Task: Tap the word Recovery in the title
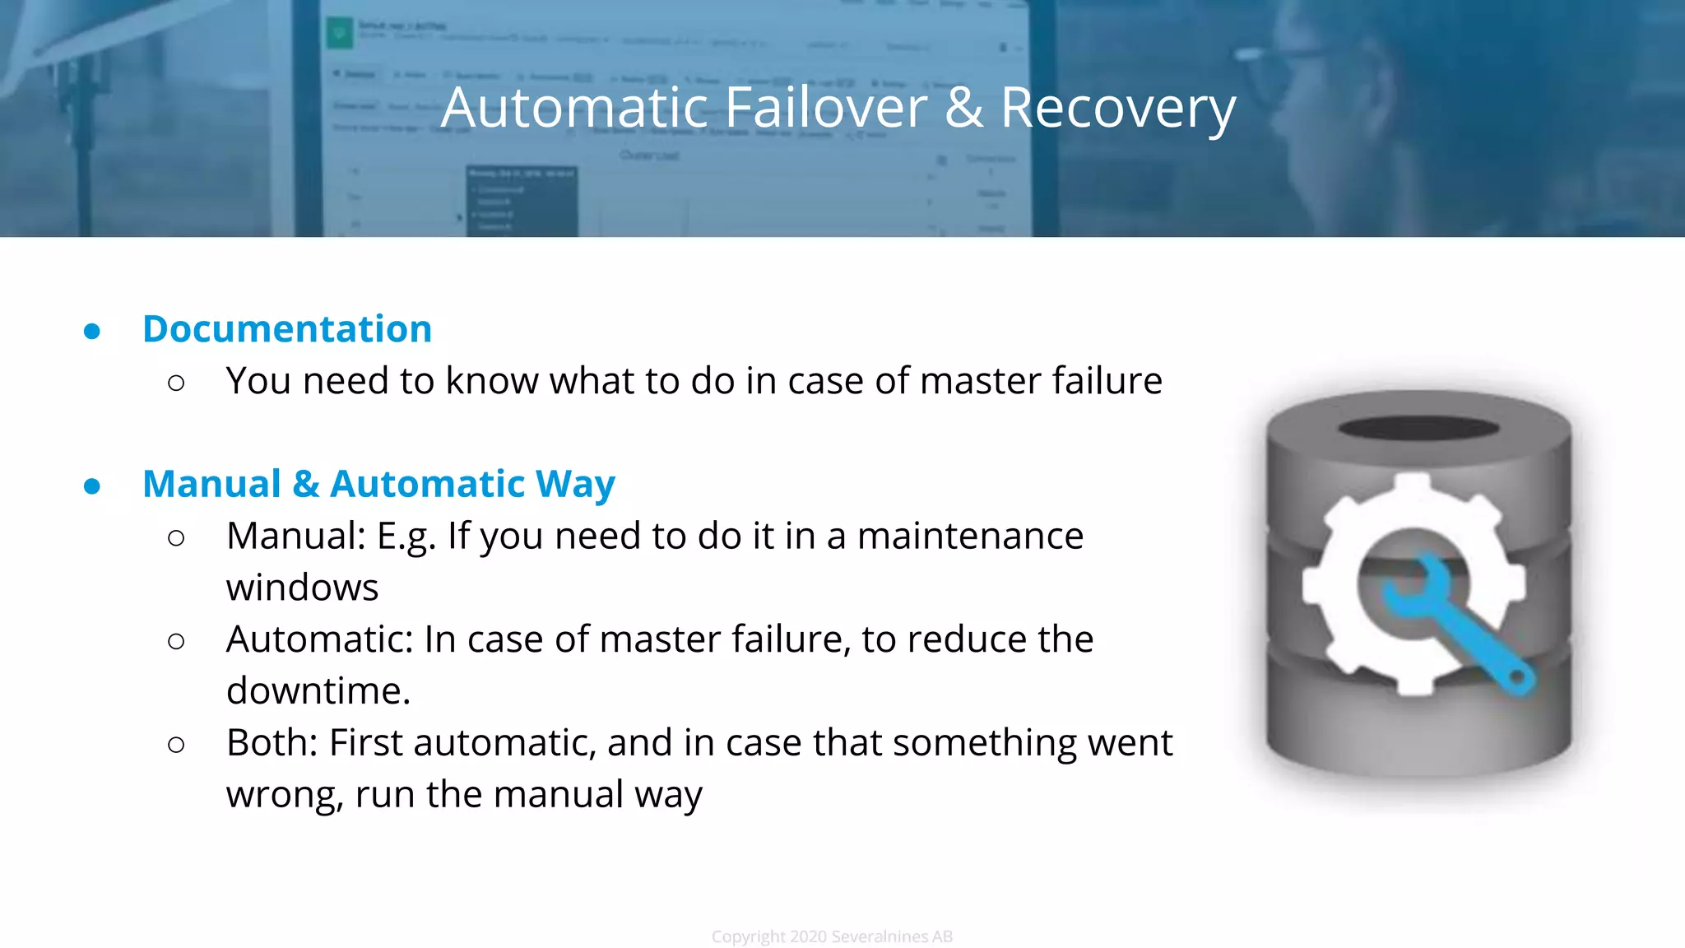1117,109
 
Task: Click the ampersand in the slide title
963,109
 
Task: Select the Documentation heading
287,329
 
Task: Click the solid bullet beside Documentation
92,332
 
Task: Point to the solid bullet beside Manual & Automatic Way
92,486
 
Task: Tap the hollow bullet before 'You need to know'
176,383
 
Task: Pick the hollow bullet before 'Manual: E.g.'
176,538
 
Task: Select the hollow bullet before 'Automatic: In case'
176,641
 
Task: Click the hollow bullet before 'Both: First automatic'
176,745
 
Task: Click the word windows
302,588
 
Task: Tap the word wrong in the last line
284,796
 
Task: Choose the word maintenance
970,537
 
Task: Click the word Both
271,742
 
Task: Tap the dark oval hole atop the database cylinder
1418,428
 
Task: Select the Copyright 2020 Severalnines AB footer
832,936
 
